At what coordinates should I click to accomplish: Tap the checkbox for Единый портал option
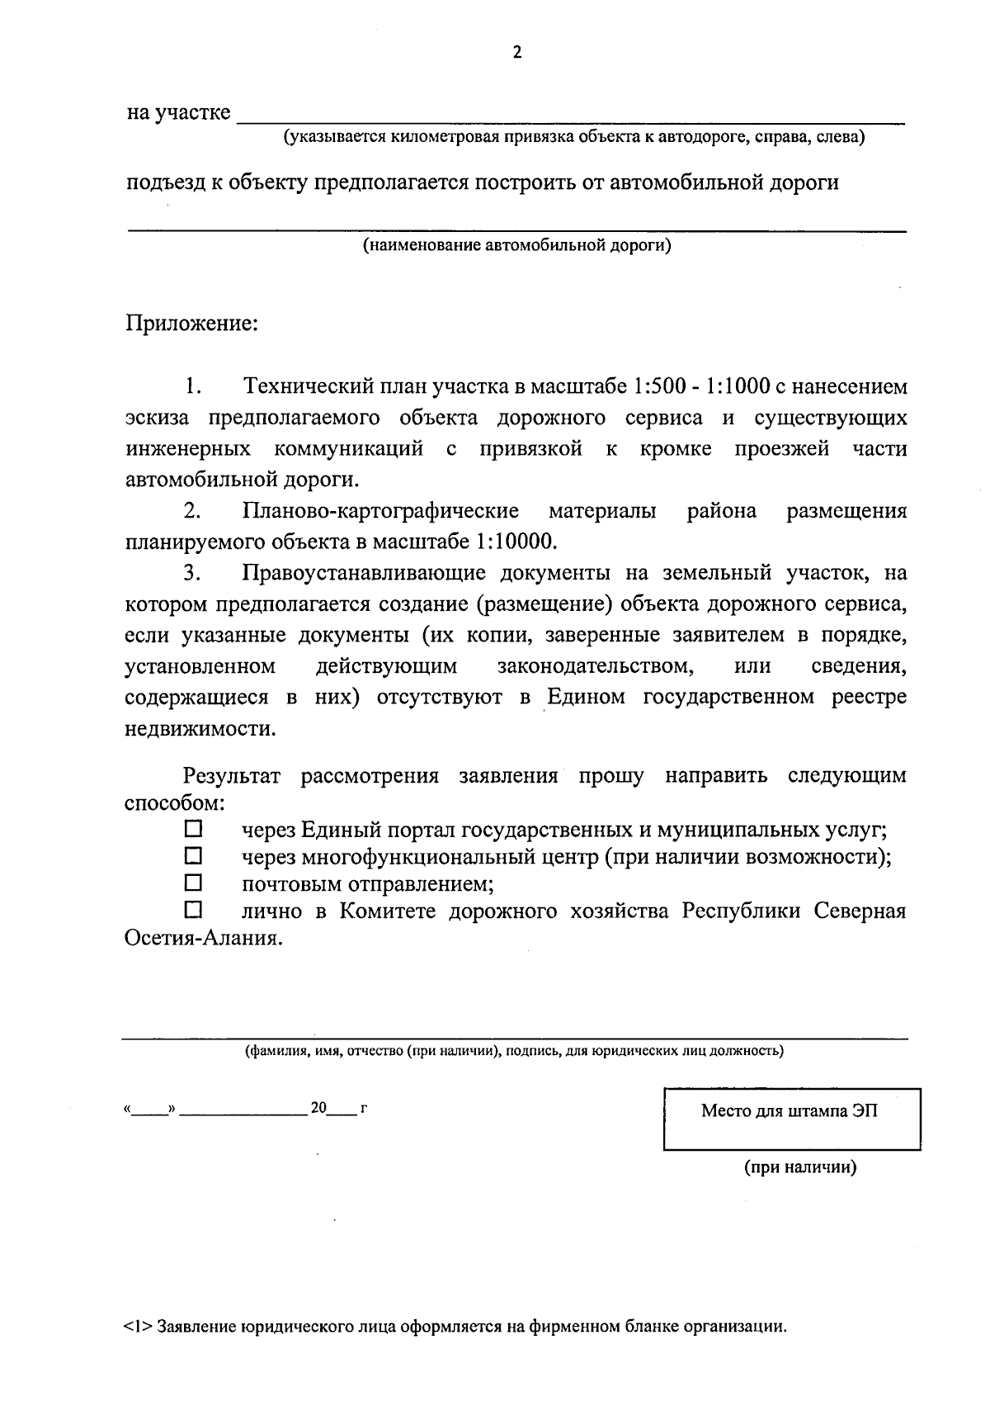pos(192,827)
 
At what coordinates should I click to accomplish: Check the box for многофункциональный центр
pos(192,854)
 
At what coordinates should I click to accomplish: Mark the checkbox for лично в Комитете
pos(192,910)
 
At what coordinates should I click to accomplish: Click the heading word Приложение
pos(191,323)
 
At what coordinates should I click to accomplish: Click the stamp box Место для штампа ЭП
pos(791,1119)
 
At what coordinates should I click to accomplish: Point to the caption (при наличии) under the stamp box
pos(799,1167)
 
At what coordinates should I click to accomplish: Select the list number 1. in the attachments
pos(193,386)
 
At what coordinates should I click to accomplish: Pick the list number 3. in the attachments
pos(193,572)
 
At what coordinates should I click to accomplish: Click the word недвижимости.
pos(200,729)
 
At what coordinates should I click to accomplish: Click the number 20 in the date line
pos(319,1108)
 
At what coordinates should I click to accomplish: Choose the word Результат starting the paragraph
pos(232,776)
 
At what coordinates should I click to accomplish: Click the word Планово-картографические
pos(381,511)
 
